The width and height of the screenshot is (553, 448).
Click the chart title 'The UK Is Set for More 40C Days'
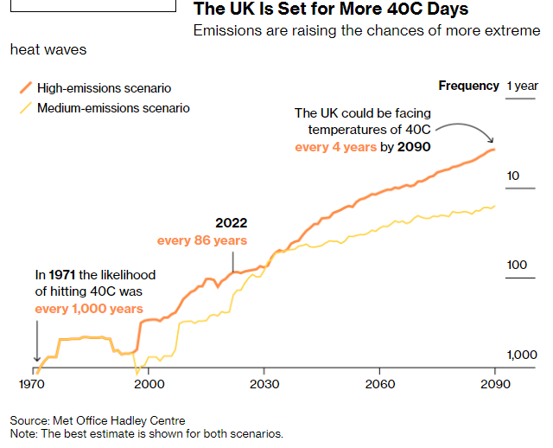331,10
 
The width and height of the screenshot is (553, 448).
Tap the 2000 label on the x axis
149,382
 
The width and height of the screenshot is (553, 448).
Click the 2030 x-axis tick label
264,382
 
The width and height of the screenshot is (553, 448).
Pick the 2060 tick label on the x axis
379,382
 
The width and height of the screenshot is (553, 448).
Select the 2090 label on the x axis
494,382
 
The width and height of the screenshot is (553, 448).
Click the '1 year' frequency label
522,86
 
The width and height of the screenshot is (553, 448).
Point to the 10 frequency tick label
512,176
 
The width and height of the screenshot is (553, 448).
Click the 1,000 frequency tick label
520,355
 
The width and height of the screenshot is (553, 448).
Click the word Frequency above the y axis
468,86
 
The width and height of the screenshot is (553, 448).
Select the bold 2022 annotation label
232,223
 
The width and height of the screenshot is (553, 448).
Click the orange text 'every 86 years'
202,240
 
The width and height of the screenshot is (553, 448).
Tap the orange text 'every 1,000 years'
89,309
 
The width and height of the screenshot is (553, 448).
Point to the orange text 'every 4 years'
335,147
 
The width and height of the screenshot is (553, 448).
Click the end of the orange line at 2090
493,150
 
